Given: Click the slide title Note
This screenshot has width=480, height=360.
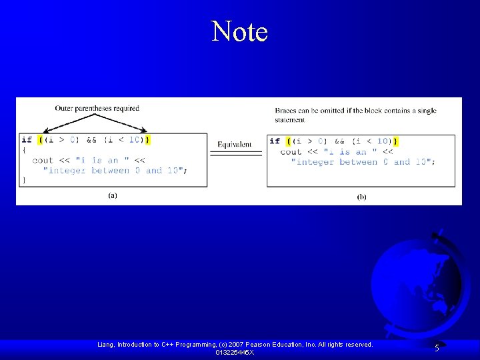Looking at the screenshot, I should [x=239, y=31].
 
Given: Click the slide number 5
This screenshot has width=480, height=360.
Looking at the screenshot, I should [x=437, y=347].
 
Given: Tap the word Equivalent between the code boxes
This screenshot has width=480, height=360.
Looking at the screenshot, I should [x=235, y=144].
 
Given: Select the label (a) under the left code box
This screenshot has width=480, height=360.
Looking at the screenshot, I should [x=113, y=195].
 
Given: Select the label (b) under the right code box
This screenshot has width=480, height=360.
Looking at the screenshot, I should [x=361, y=196].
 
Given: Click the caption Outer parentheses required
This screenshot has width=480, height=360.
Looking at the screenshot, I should [x=97, y=108].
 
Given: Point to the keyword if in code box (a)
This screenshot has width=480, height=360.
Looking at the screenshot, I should [x=26, y=140].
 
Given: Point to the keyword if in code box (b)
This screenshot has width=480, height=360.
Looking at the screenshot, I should [x=274, y=141].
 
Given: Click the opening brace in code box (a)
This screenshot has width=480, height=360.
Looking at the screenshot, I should [x=24, y=150].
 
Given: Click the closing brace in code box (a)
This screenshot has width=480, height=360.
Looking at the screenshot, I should [x=24, y=180].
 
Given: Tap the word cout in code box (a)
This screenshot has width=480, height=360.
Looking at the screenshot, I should [x=43, y=160].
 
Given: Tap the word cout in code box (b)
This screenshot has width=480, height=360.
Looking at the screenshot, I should [x=291, y=152].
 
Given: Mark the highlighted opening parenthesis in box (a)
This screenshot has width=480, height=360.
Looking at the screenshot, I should [x=41, y=140].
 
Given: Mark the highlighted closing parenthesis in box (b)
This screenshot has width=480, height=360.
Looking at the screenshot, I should [x=396, y=141].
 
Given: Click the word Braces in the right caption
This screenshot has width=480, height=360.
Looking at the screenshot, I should [x=285, y=111].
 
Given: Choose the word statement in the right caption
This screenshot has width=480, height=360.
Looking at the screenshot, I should [x=290, y=120].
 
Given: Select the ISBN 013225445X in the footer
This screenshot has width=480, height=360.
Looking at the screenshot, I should [x=235, y=352].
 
